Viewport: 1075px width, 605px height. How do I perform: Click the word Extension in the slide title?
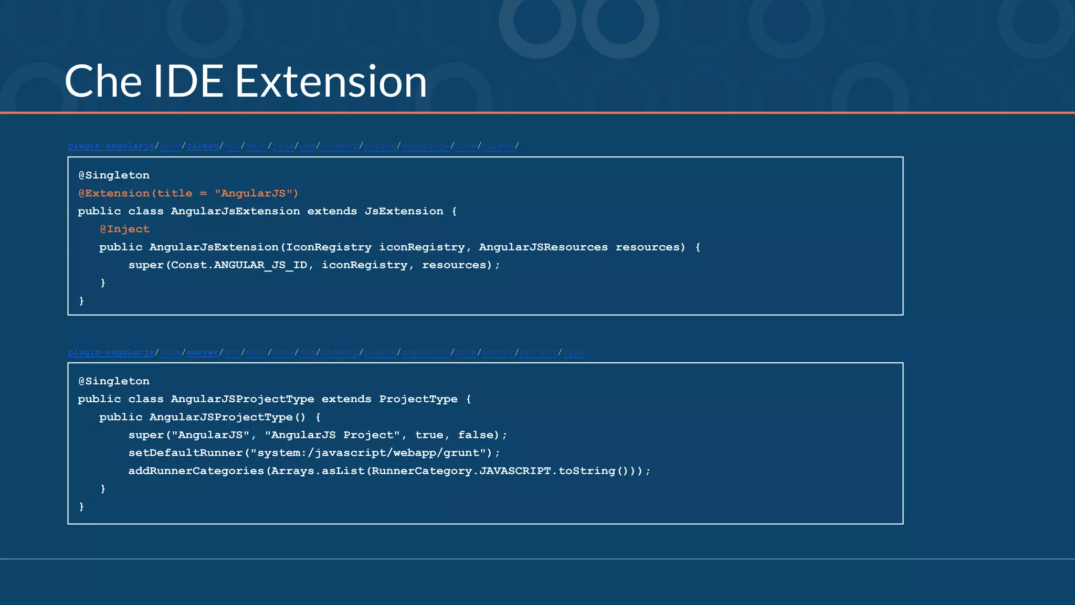pyautogui.click(x=331, y=82)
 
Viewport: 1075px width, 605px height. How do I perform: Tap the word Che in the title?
pyautogui.click(x=103, y=82)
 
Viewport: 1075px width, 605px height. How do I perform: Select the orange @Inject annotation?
pyautogui.click(x=125, y=229)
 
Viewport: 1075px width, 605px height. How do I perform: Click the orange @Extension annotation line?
pyautogui.click(x=188, y=193)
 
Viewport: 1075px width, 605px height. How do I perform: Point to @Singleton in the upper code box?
pyautogui.click(x=114, y=175)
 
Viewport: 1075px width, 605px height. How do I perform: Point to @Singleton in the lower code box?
pyautogui.click(x=114, y=381)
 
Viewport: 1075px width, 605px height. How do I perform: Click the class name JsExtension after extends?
pyautogui.click(x=404, y=211)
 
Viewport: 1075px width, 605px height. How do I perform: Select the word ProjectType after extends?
pyautogui.click(x=418, y=399)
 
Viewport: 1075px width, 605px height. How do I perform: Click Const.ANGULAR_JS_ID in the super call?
pyautogui.click(x=239, y=265)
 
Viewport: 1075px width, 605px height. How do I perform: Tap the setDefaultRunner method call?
pyautogui.click(x=185, y=453)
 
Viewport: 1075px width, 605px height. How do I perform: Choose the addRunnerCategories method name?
pyautogui.click(x=196, y=471)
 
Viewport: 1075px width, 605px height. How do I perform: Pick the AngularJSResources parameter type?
pyautogui.click(x=543, y=247)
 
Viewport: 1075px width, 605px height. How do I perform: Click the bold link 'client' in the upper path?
pyautogui.click(x=203, y=146)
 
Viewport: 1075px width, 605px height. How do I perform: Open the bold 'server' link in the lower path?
pyautogui.click(x=203, y=352)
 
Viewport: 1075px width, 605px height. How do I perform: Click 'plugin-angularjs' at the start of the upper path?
pyautogui.click(x=111, y=146)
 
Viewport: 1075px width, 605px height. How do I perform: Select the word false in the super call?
pyautogui.click(x=476, y=435)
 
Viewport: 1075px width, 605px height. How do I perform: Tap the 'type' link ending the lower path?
pyautogui.click(x=573, y=352)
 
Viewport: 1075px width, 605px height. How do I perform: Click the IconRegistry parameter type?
pyautogui.click(x=329, y=247)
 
